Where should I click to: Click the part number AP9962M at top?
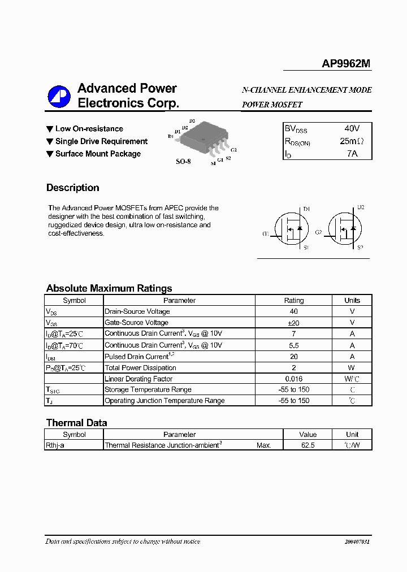tap(346, 64)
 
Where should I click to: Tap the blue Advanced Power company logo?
tap(59, 96)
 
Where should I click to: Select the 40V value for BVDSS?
tap(352, 128)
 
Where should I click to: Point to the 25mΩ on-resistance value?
tap(352, 141)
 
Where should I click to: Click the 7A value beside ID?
tap(352, 153)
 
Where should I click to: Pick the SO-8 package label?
tap(183, 162)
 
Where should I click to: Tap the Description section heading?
tap(72, 188)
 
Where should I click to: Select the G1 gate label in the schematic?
tap(265, 233)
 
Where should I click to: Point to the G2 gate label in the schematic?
tap(318, 232)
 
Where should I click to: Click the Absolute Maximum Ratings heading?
tap(109, 288)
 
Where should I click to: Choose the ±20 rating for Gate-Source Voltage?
tap(293, 323)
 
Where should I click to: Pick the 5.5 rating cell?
tap(293, 345)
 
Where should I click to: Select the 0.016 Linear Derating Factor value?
tap(293, 379)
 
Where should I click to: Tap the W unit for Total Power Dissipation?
tap(352, 367)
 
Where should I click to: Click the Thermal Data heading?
tap(76, 423)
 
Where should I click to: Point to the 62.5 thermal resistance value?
tap(308, 445)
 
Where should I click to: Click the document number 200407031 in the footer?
tap(357, 541)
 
